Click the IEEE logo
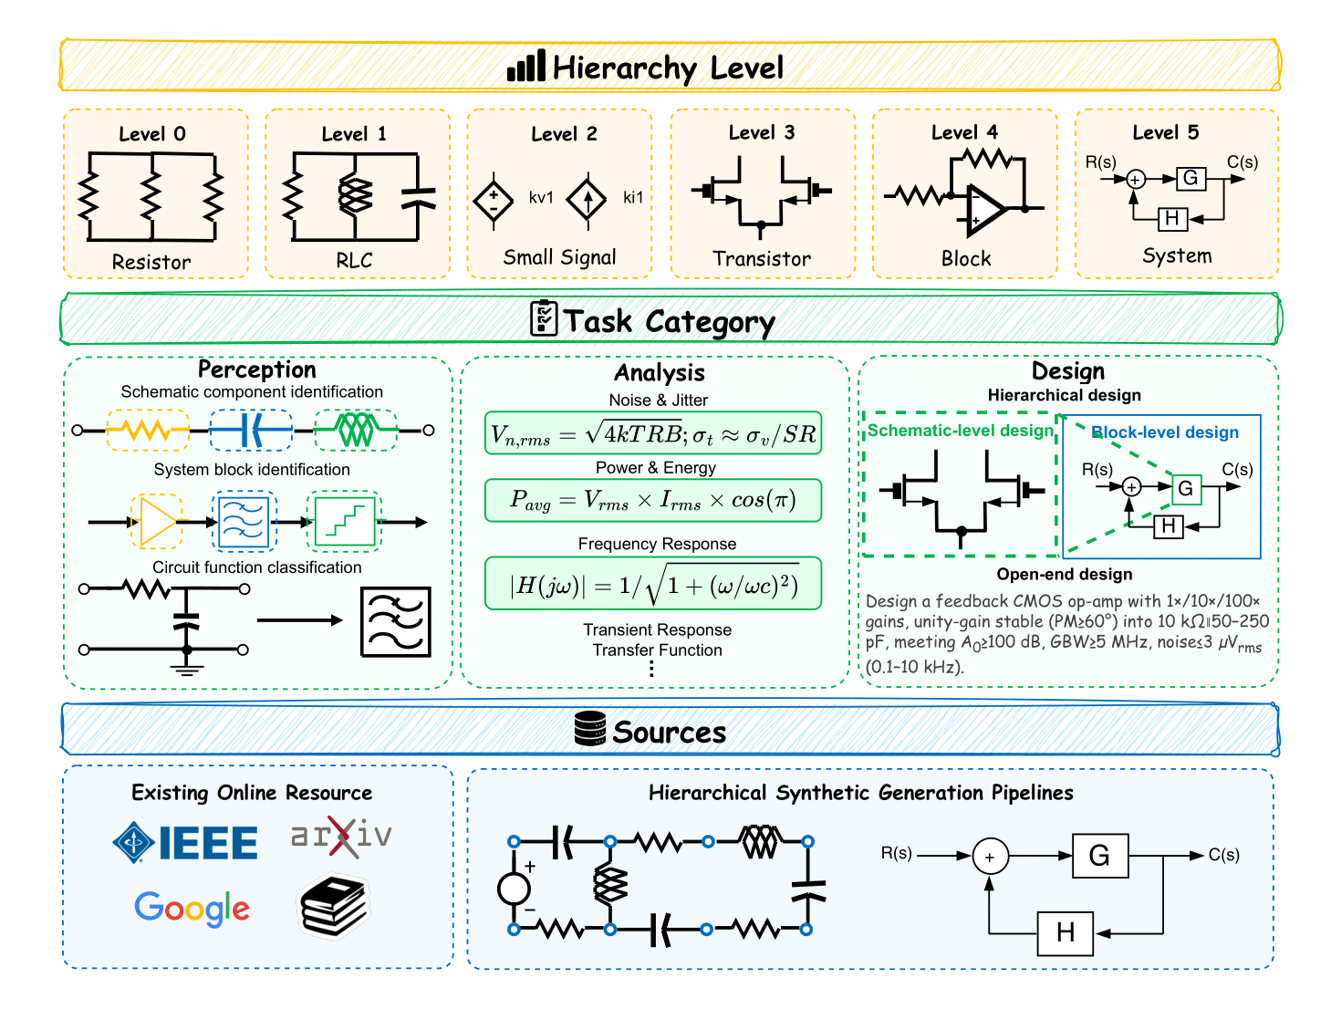point(185,842)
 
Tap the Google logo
point(192,908)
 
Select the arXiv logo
point(341,835)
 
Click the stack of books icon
point(335,907)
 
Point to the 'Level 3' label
point(762,132)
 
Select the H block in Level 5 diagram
point(1172,218)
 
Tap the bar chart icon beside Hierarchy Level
point(526,67)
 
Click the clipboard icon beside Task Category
point(544,318)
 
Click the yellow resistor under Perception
point(148,430)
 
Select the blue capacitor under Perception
point(251,430)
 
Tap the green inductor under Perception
point(356,430)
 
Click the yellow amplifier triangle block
point(156,522)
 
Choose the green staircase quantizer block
point(345,522)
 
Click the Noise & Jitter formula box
point(653,433)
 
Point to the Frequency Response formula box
point(653,584)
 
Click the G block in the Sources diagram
point(1099,856)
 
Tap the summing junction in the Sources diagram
point(990,857)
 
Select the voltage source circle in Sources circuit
point(514,888)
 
